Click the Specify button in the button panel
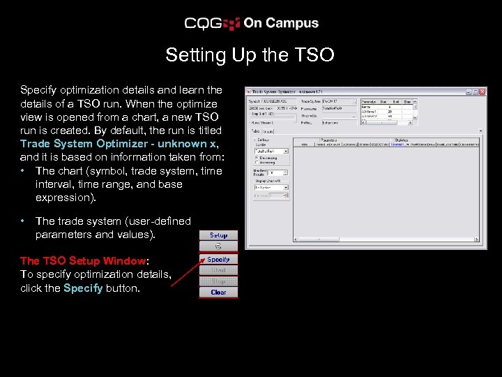(219, 259)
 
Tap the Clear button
(218, 292)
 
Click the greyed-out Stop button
(218, 281)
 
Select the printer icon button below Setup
(218, 246)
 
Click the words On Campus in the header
(281, 23)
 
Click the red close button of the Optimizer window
(482, 91)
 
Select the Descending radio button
(256, 158)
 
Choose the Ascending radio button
(256, 163)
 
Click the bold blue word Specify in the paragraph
(82, 288)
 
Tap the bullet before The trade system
(24, 221)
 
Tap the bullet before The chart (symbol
(24, 171)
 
